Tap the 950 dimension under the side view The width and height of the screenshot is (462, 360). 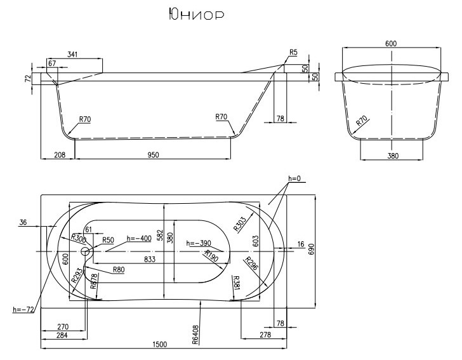[152, 155]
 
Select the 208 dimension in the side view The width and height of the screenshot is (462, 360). [58, 155]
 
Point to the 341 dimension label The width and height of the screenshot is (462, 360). [72, 56]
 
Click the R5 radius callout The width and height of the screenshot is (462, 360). [293, 52]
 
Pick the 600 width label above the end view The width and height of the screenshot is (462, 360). [390, 43]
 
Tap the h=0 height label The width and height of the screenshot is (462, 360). [293, 179]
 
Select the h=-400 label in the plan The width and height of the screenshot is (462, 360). [138, 239]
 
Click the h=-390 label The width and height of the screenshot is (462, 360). [197, 243]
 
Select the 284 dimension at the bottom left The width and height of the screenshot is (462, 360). [62, 336]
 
